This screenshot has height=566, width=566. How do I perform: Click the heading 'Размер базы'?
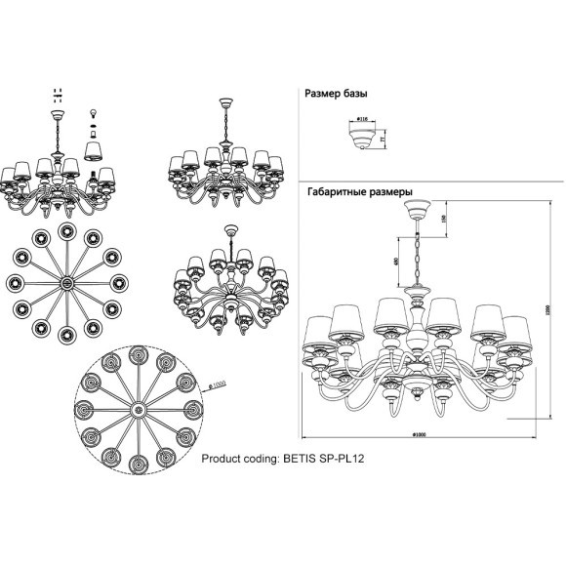[x=337, y=94]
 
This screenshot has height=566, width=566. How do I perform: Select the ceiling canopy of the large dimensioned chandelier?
[x=420, y=209]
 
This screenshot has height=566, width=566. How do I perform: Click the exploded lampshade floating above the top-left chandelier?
[x=94, y=147]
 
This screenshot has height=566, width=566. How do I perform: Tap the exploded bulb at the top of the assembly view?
[x=94, y=114]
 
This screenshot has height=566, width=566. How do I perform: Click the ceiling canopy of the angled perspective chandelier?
[x=230, y=231]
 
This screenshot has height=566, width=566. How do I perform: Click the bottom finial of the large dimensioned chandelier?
[x=420, y=394]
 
